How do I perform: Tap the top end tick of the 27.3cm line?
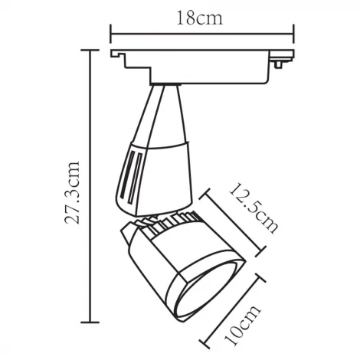(x=91, y=50)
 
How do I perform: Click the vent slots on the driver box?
(x=131, y=173)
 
